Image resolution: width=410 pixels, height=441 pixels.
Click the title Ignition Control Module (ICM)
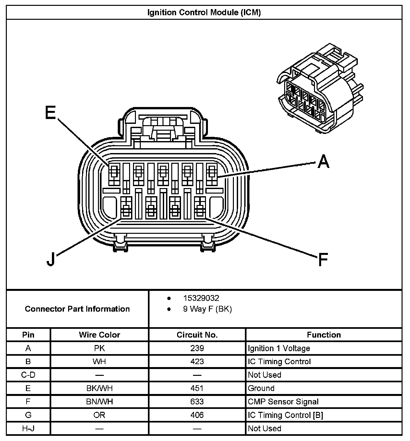[204, 12]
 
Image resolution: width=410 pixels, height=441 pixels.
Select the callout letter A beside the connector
[323, 161]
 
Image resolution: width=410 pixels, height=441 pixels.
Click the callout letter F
[323, 259]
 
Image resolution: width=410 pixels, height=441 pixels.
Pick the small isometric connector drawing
[319, 89]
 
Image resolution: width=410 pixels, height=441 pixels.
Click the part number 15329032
[201, 298]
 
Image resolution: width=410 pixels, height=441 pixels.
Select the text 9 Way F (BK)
[207, 309]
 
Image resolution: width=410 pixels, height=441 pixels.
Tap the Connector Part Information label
[77, 309]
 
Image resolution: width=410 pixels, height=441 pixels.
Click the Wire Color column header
[99, 335]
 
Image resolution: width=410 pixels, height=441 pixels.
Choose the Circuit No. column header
[197, 335]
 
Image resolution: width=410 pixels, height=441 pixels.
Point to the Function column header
[324, 335]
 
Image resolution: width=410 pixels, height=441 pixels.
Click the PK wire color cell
[99, 348]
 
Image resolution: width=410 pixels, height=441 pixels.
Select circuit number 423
[197, 362]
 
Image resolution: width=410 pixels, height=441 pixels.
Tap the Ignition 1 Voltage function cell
[279, 348]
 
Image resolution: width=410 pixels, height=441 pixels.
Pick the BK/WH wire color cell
[99, 388]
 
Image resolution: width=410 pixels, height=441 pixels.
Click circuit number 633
[197, 402]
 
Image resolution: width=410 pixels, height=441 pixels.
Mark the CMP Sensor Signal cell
[283, 402]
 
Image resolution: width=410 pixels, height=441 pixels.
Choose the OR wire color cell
[99, 415]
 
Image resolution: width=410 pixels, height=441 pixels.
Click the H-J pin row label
[28, 428]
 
